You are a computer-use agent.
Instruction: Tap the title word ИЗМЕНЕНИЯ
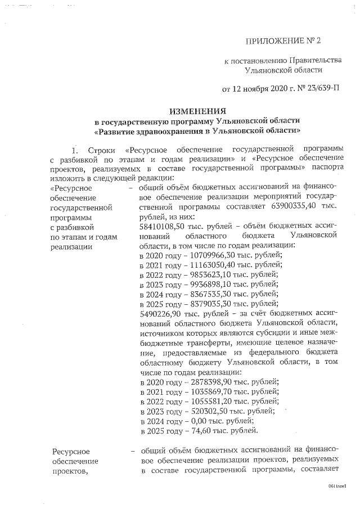click(x=197, y=111)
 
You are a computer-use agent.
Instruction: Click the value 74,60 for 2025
click(x=194, y=431)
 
